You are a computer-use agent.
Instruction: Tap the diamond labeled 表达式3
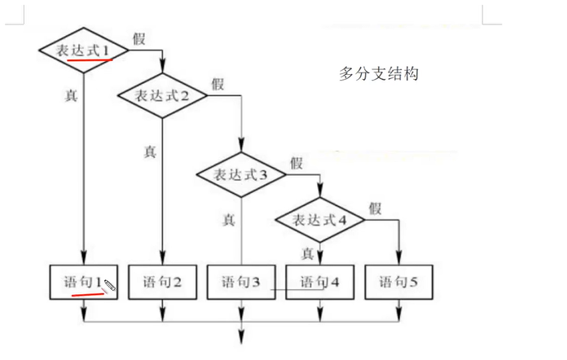tap(241, 173)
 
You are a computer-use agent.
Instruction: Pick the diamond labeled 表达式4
tap(320, 219)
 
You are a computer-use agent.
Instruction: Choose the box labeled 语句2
tap(163, 283)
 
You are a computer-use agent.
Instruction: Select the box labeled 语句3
tap(241, 283)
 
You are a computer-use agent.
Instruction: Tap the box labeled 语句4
tap(319, 283)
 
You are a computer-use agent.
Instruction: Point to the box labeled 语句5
tap(398, 283)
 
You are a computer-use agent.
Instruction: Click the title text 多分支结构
tap(378, 74)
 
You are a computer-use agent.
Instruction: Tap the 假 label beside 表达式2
tap(218, 84)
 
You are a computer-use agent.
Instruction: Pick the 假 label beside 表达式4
tap(375, 208)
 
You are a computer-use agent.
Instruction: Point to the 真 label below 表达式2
tap(149, 151)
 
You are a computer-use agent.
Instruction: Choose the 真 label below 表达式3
tap(229, 219)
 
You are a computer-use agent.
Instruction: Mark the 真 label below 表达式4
tap(308, 253)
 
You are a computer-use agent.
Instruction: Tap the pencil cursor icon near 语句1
tap(111, 285)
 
